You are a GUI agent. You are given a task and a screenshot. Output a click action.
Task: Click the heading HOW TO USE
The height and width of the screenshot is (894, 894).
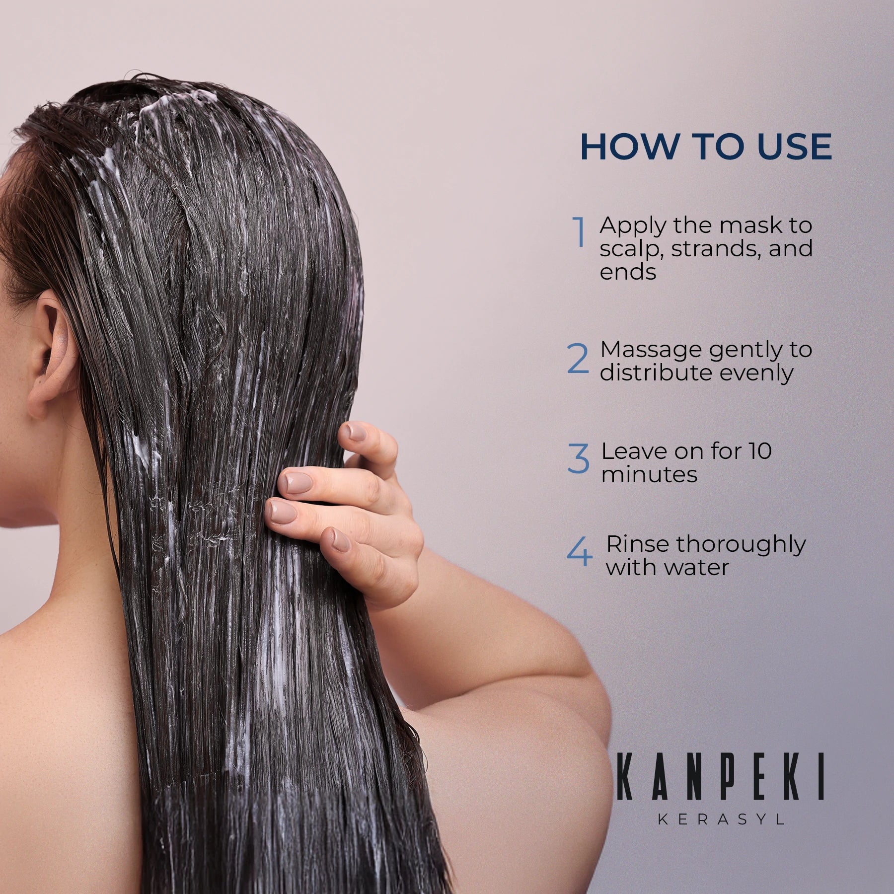point(706,147)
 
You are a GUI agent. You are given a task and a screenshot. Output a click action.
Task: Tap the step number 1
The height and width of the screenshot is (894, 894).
point(579,232)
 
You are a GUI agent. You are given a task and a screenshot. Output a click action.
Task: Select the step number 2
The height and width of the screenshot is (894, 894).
point(578,359)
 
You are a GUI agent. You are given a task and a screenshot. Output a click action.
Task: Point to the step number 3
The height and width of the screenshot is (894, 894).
point(578,458)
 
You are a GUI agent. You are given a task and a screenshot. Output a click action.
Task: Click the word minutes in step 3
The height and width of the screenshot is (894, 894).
point(649,475)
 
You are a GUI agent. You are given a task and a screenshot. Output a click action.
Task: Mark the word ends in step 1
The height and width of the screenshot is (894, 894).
point(628,272)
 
